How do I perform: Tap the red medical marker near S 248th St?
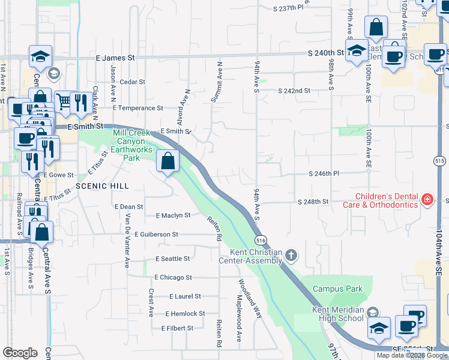point(427,199)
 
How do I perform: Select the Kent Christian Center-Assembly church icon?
point(291,256)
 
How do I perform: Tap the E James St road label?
point(116,58)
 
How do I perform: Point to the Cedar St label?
point(133,82)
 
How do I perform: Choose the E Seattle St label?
point(172,259)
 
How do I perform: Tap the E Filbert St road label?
point(177,328)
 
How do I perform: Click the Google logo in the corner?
point(20,353)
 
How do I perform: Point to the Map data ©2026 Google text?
point(412,355)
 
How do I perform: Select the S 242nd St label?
point(294,91)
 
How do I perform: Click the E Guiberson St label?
point(156,234)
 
